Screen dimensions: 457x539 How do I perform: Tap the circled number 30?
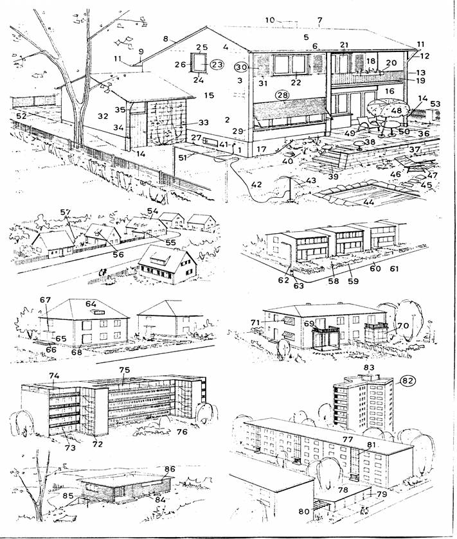pyautogui.click(x=241, y=67)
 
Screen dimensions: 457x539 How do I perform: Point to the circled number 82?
pyautogui.click(x=406, y=380)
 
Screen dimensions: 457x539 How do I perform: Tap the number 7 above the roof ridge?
pyautogui.click(x=319, y=21)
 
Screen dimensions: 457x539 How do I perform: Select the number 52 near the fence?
pyautogui.click(x=23, y=116)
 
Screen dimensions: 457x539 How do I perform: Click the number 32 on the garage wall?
pyautogui.click(x=101, y=118)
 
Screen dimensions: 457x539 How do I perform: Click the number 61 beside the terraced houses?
pyautogui.click(x=395, y=268)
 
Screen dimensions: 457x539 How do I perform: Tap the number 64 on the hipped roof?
pyautogui.click(x=91, y=304)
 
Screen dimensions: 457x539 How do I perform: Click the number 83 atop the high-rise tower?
pyautogui.click(x=369, y=367)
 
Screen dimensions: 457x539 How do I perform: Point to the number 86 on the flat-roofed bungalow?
pyautogui.click(x=170, y=470)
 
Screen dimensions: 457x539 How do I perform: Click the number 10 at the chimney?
pyautogui.click(x=270, y=21)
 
